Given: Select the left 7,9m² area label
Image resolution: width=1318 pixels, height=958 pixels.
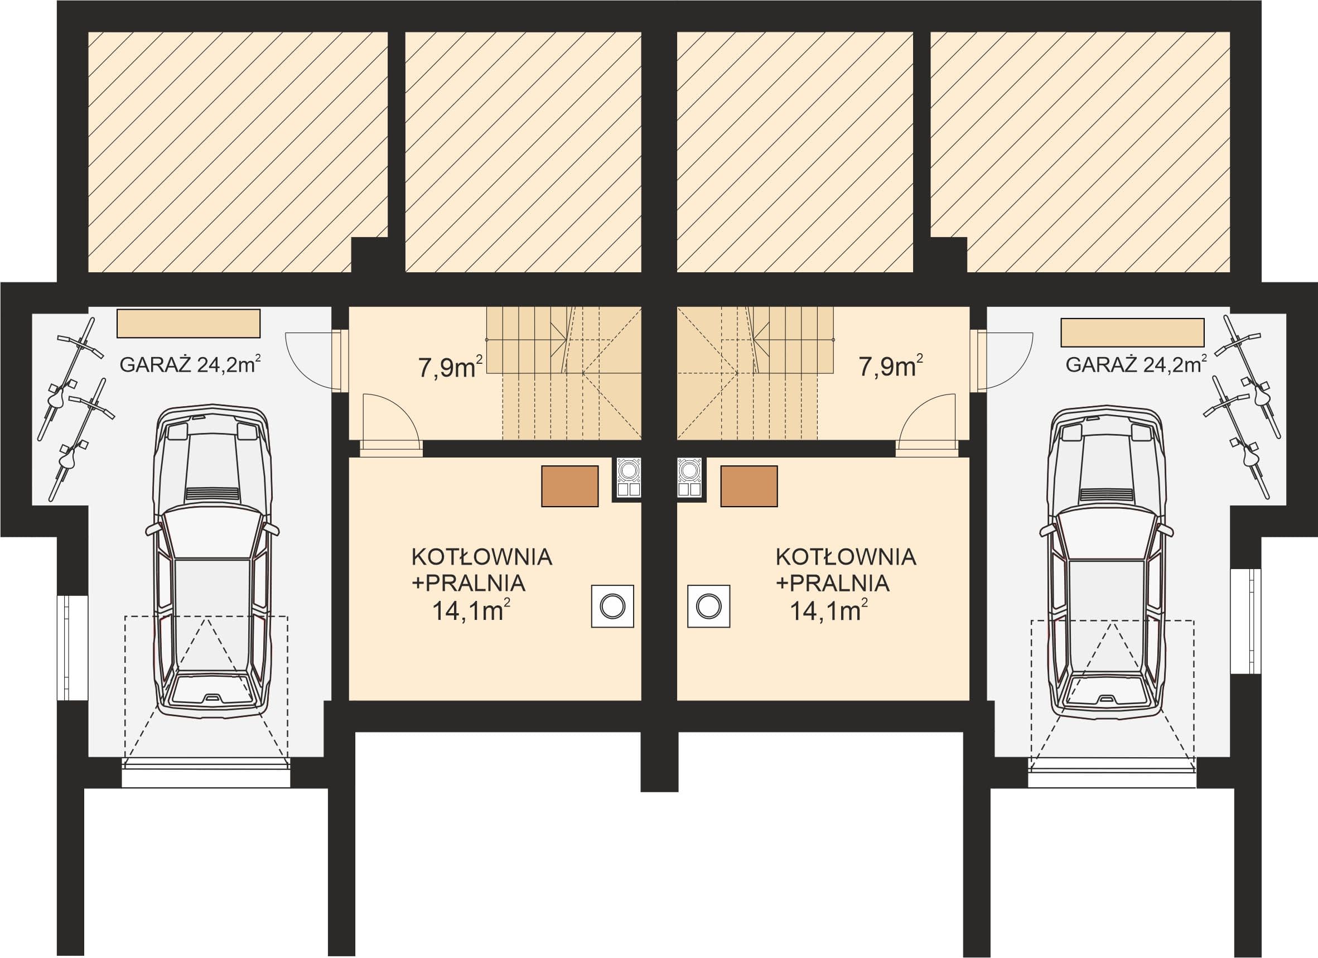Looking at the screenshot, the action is pyautogui.click(x=450, y=367).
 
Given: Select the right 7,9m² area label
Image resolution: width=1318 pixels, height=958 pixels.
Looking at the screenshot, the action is pyautogui.click(x=891, y=367).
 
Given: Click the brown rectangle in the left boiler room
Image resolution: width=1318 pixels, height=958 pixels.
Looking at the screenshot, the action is pyautogui.click(x=569, y=486).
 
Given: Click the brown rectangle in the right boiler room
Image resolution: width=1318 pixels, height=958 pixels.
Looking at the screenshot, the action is pyautogui.click(x=749, y=486).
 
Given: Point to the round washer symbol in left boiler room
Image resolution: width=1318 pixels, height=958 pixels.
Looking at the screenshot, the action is pyautogui.click(x=612, y=606).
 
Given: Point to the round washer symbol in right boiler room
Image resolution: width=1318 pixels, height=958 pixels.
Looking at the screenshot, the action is pyautogui.click(x=708, y=606).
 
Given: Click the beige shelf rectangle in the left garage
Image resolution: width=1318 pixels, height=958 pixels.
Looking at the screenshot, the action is pyautogui.click(x=189, y=323).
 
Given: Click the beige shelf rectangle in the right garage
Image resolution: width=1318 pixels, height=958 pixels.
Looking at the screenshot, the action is pyautogui.click(x=1133, y=333).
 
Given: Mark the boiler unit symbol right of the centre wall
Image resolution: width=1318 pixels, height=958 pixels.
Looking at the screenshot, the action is pyautogui.click(x=690, y=477).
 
